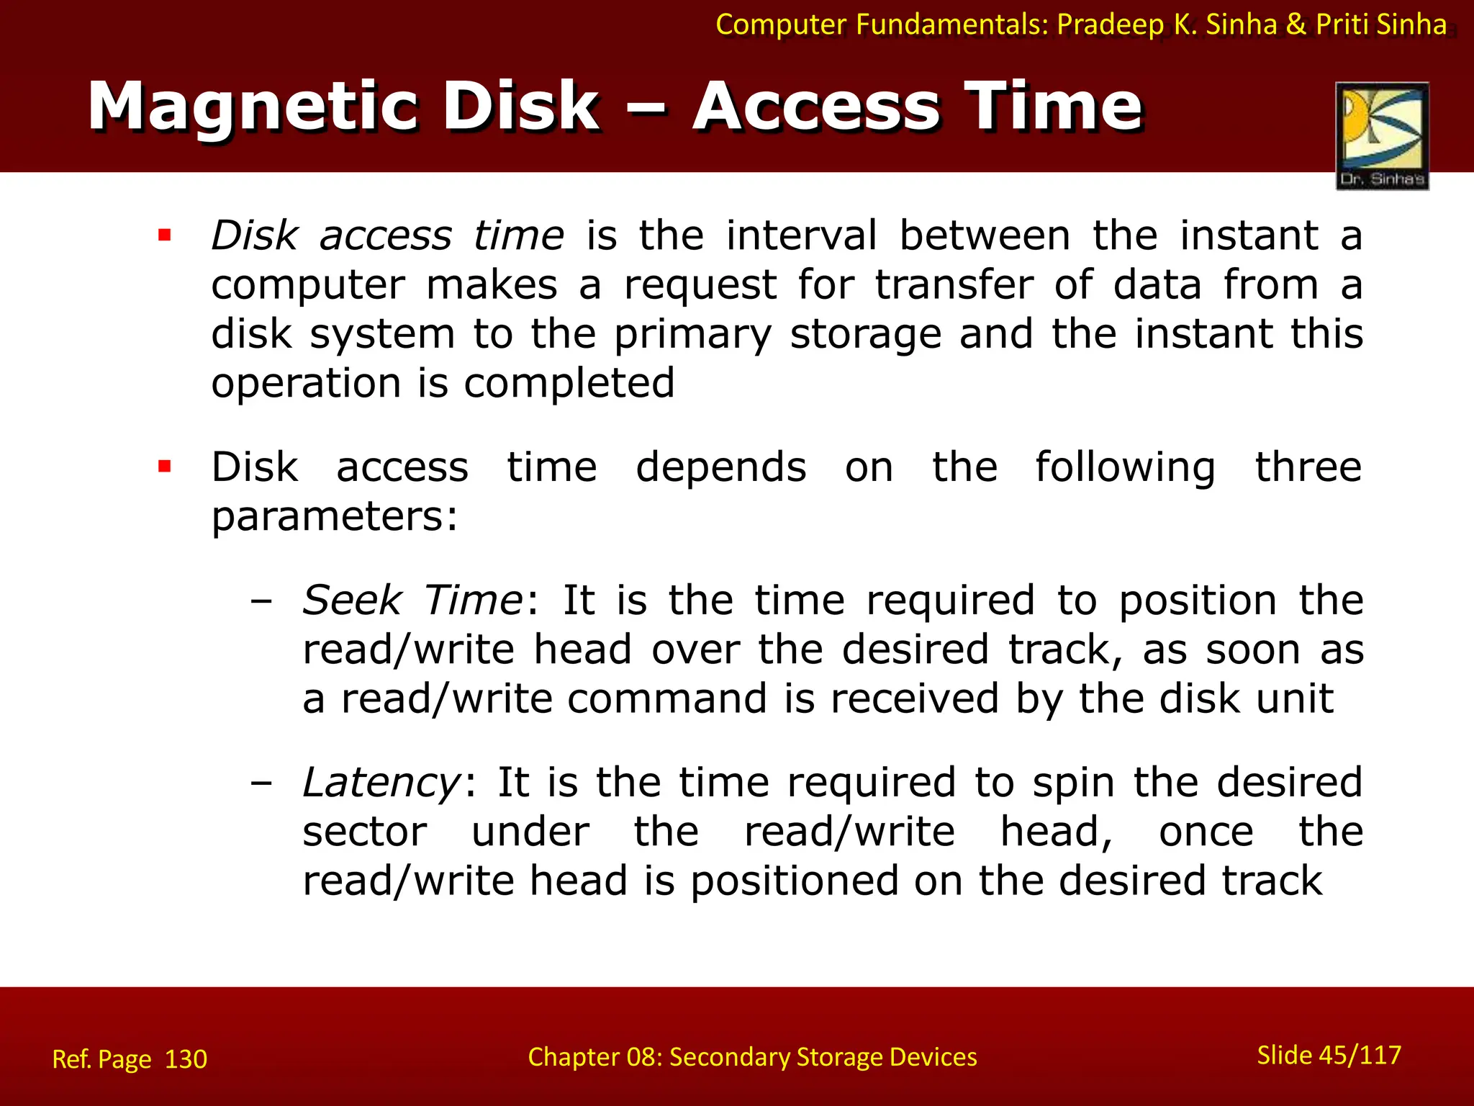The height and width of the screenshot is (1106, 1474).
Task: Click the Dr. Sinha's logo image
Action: [1382, 135]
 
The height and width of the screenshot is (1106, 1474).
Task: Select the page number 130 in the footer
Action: [186, 1059]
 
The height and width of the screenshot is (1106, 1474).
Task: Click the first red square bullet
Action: [165, 235]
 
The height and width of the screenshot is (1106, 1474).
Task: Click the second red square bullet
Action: [165, 467]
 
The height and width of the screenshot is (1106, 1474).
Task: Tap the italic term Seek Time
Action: [412, 600]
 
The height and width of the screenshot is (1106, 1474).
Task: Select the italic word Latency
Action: [381, 783]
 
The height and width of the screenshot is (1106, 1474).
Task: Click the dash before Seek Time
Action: [261, 600]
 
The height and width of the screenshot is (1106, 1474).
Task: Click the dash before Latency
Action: [261, 783]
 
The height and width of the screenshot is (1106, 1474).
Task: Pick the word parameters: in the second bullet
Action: [334, 517]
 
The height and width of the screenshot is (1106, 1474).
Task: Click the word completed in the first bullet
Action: [569, 382]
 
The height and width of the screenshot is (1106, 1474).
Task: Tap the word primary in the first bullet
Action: [692, 335]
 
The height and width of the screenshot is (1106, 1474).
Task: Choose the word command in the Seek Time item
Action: [666, 699]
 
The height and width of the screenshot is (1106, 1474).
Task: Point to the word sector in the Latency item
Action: [364, 832]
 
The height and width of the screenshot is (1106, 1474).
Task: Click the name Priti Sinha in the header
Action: [1380, 24]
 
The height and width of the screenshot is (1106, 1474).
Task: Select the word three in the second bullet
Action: [1308, 467]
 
